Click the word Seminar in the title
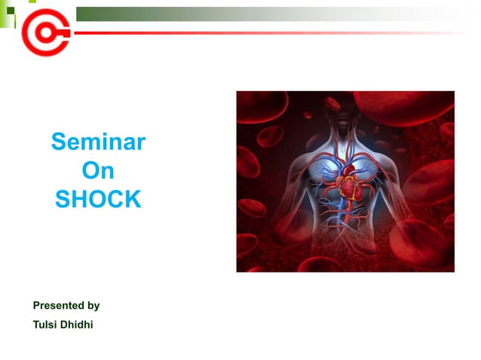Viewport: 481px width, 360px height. [x=98, y=142]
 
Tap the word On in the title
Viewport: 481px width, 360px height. [x=98, y=171]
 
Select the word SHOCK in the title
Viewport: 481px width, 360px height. [x=98, y=200]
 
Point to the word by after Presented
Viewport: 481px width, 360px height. [x=93, y=307]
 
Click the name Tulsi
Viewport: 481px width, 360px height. [x=46, y=326]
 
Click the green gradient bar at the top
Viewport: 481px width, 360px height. [x=226, y=14]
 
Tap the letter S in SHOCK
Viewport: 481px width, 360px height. [x=63, y=200]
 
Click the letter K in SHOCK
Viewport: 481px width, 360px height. [x=133, y=200]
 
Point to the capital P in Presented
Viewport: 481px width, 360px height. [x=37, y=306]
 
